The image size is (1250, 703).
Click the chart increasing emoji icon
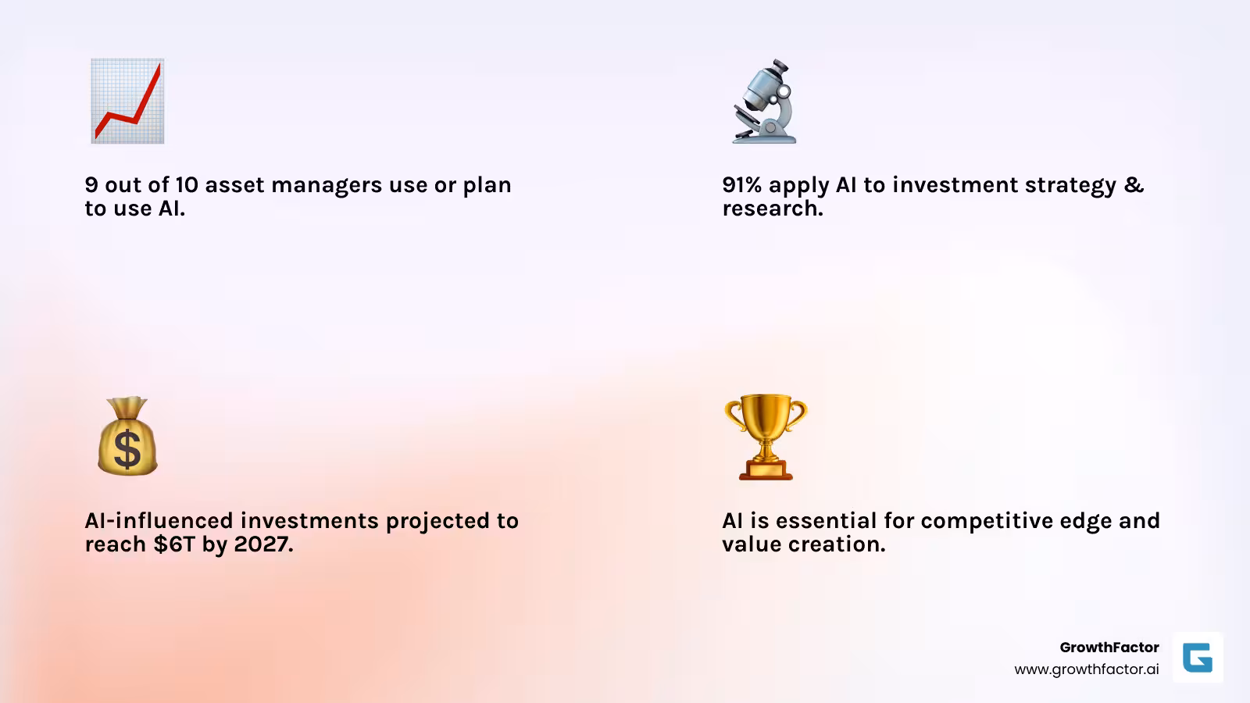127,101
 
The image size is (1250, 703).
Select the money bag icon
127,437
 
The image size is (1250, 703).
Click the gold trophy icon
765,435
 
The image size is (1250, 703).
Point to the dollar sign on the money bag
127,449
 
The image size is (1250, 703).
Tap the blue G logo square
1198,658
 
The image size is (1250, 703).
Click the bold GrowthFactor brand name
1109,647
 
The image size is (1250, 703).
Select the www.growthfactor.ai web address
1086,669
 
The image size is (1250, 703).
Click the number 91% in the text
741,185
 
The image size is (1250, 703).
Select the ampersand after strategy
1134,185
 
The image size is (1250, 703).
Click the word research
771,209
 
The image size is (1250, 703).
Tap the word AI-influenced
159,521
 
